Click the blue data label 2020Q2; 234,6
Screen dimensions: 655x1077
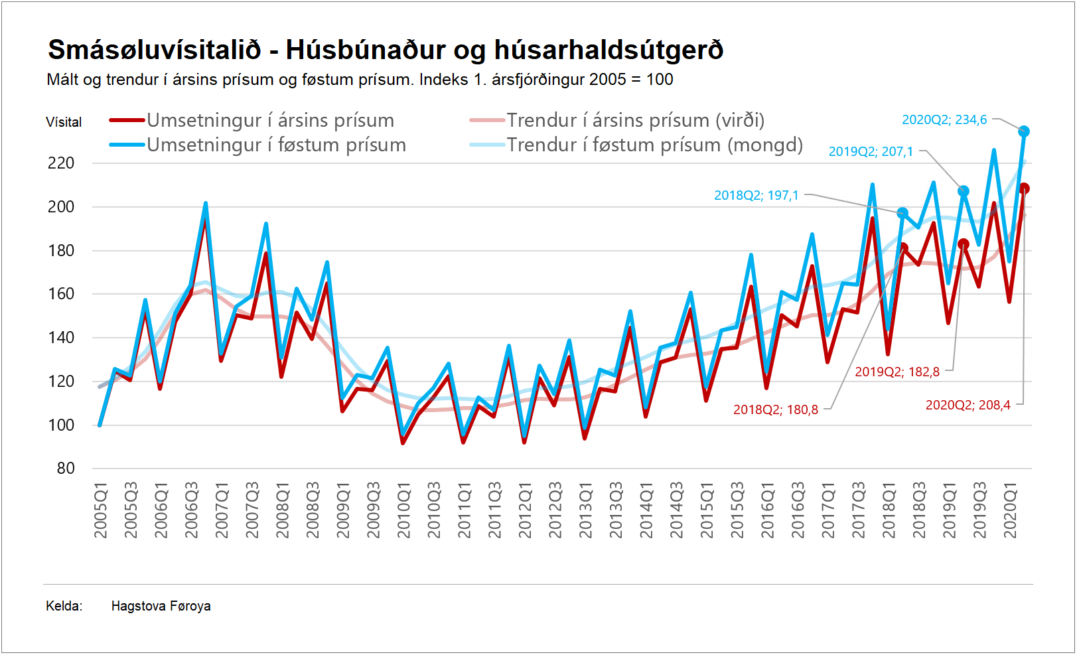tap(944, 120)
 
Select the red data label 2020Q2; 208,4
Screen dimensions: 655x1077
tap(968, 405)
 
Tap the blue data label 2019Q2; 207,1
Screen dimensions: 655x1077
tap(871, 152)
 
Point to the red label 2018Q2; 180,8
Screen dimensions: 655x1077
tap(775, 409)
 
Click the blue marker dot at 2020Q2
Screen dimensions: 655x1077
tap(1024, 131)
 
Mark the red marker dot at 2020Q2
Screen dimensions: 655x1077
tap(1024, 188)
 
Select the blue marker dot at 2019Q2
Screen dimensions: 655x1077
tap(964, 191)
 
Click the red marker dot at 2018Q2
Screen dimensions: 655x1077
tap(902, 248)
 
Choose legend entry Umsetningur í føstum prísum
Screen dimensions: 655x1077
tap(276, 145)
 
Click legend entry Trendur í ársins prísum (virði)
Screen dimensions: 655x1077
tap(635, 120)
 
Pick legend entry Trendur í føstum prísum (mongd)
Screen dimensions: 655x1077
tap(654, 145)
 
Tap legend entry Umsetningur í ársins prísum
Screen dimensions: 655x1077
tap(270, 120)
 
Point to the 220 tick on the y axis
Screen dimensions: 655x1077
tap(61, 163)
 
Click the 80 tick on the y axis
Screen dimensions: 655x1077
tap(66, 469)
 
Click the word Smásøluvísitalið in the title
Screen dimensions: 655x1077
tap(155, 50)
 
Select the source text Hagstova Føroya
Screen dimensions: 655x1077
tap(161, 606)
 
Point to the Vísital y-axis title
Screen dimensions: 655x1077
tap(64, 122)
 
